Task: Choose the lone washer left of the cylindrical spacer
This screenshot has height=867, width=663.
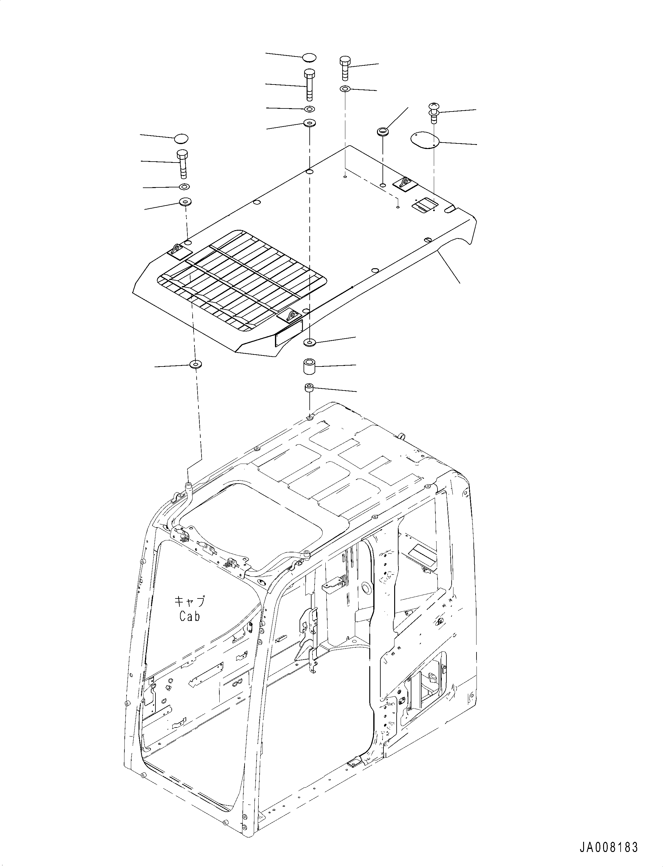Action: [x=195, y=364]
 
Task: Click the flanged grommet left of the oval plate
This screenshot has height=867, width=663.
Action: [x=382, y=132]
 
